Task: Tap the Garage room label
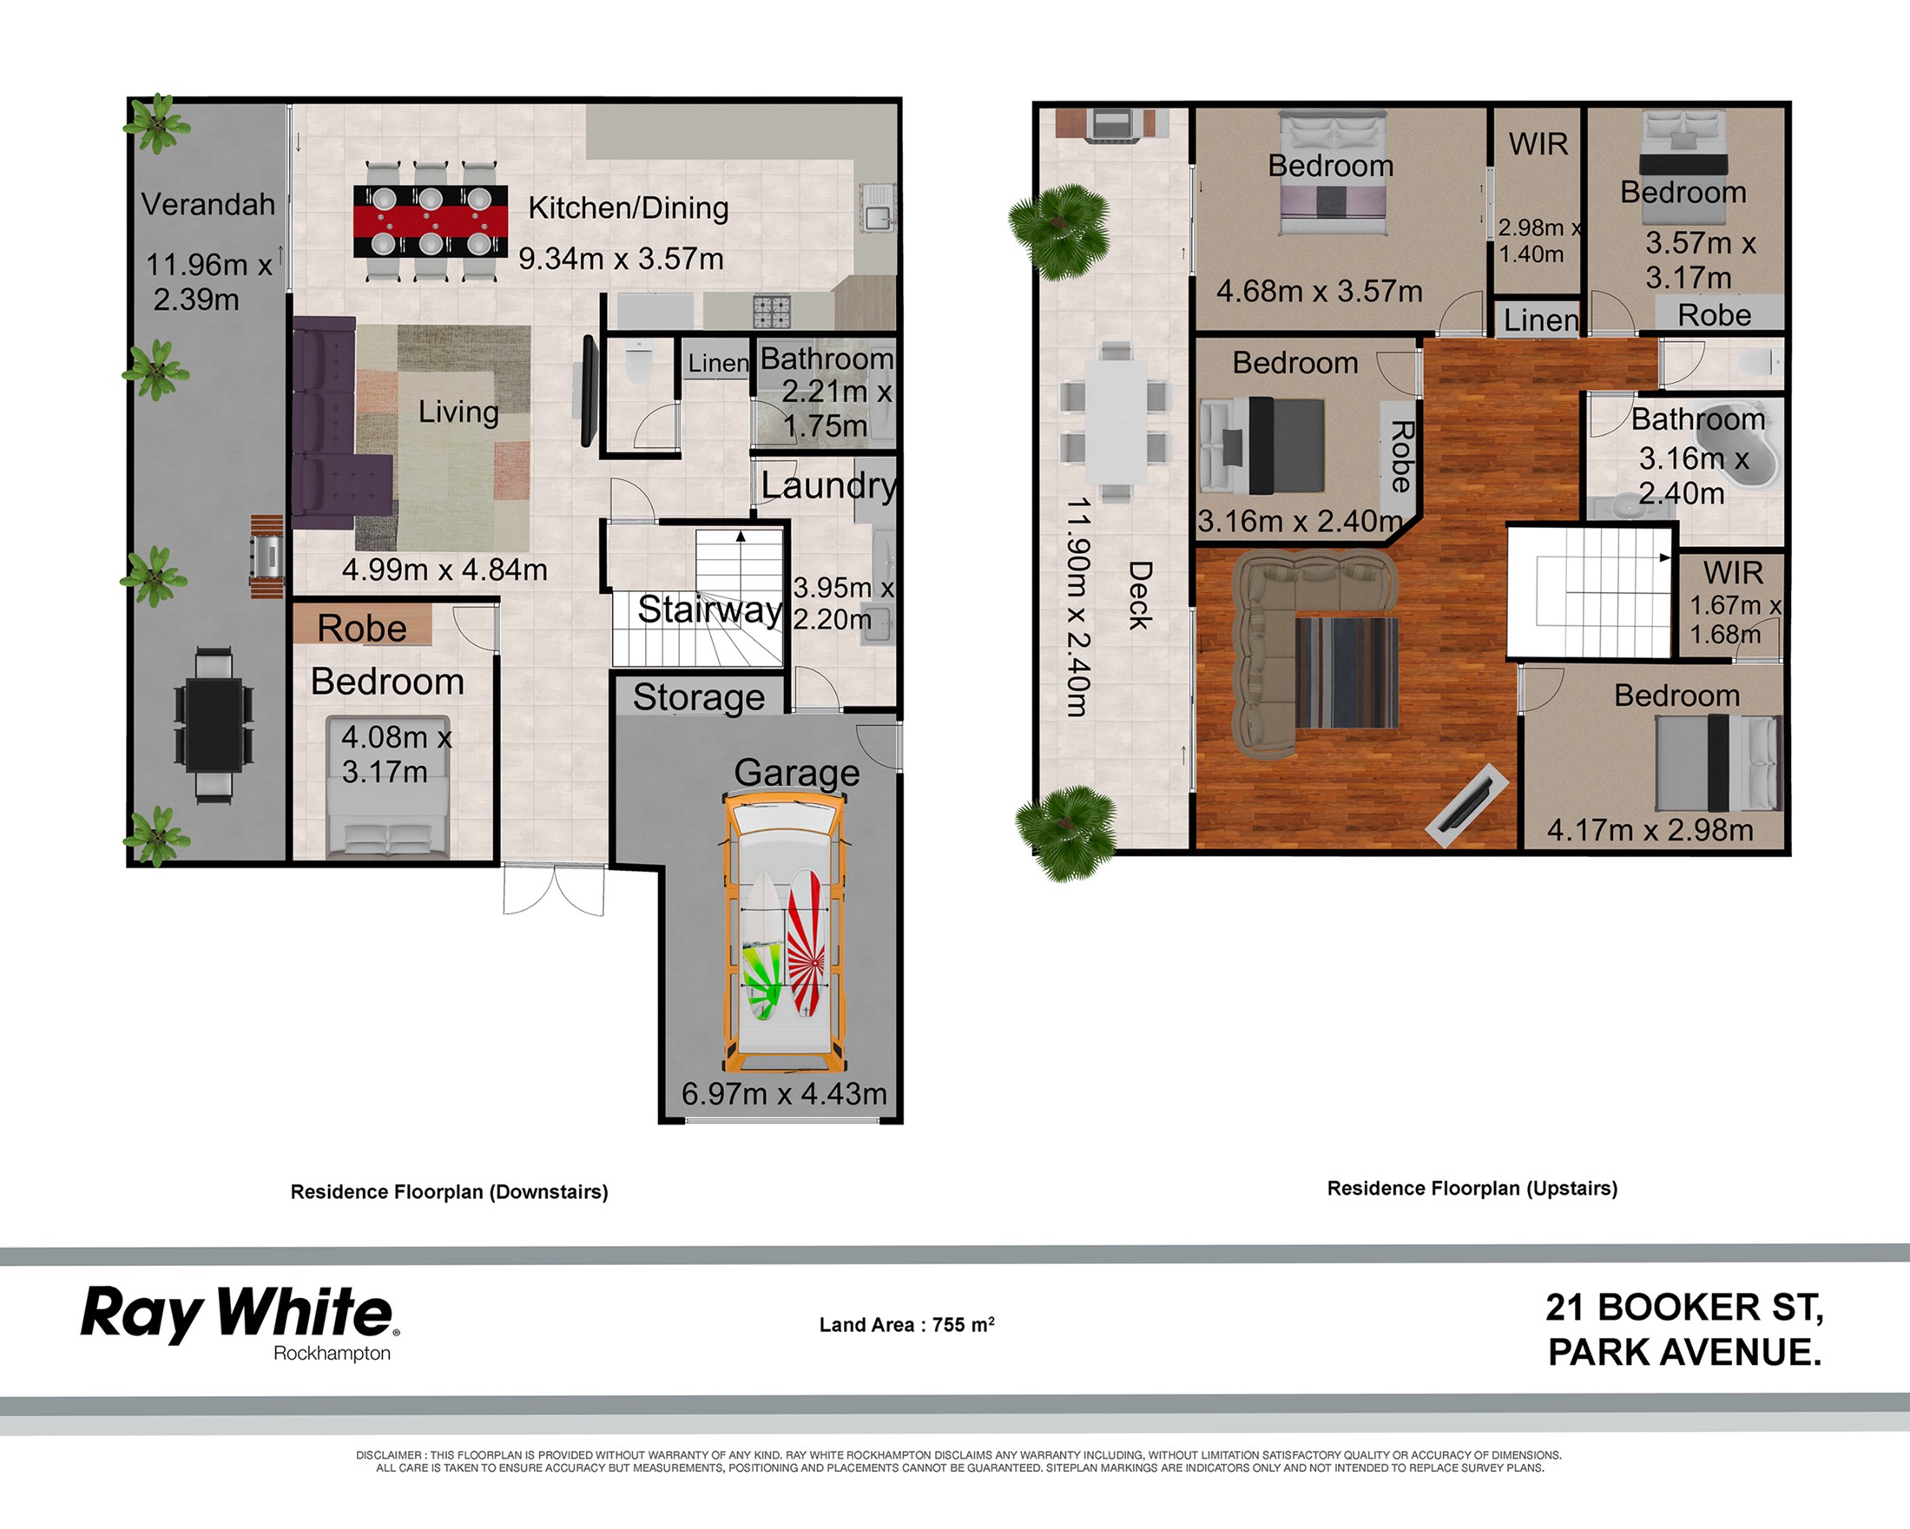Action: coord(796,773)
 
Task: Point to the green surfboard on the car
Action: coord(763,946)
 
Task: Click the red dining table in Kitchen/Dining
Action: coord(431,221)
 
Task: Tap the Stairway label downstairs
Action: coord(709,610)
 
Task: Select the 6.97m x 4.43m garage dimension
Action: coord(784,1094)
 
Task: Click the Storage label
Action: coord(699,698)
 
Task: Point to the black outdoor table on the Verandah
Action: coord(214,725)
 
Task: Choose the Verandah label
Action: coord(208,205)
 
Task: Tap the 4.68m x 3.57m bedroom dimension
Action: coord(1319,292)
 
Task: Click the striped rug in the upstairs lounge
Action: coord(1347,672)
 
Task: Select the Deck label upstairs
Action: coord(1139,596)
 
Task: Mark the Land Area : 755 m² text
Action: coord(907,1324)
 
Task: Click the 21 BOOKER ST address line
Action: coord(1684,1308)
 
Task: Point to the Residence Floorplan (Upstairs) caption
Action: coord(1472,1189)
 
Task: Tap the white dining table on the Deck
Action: coord(1116,421)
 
